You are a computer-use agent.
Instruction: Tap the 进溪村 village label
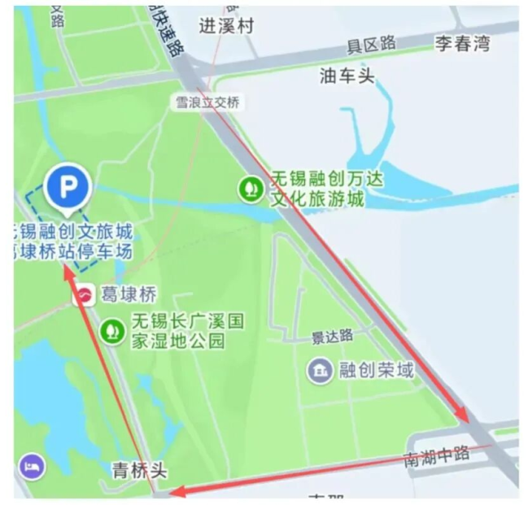coord(227,26)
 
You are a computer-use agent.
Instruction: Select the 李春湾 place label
coord(462,44)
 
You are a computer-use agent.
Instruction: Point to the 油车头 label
coord(347,76)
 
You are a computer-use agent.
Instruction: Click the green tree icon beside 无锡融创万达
coord(251,189)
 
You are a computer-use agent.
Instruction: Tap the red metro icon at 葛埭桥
coord(83,295)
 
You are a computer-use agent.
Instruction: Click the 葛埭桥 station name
coord(128,294)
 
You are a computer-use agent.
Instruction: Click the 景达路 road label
coord(332,336)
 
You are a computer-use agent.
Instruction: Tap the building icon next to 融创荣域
coord(319,371)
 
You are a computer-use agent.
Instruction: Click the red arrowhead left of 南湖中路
coord(177,491)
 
